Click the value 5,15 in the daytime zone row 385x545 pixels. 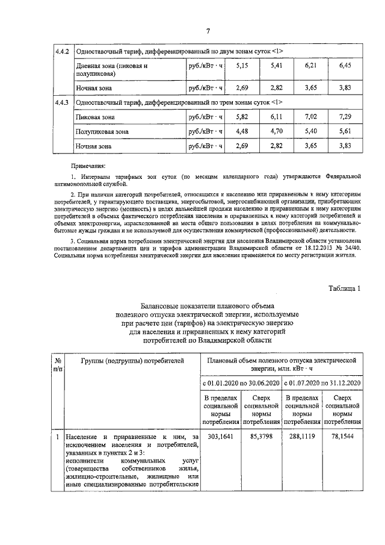click(x=242, y=65)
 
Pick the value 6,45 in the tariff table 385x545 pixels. click(x=345, y=65)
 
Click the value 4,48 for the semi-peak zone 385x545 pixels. click(x=242, y=131)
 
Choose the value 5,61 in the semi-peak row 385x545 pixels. click(x=345, y=131)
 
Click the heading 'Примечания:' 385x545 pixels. click(x=88, y=164)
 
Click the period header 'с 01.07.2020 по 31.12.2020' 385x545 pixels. click(x=322, y=383)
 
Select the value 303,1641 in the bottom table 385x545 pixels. click(x=221, y=437)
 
